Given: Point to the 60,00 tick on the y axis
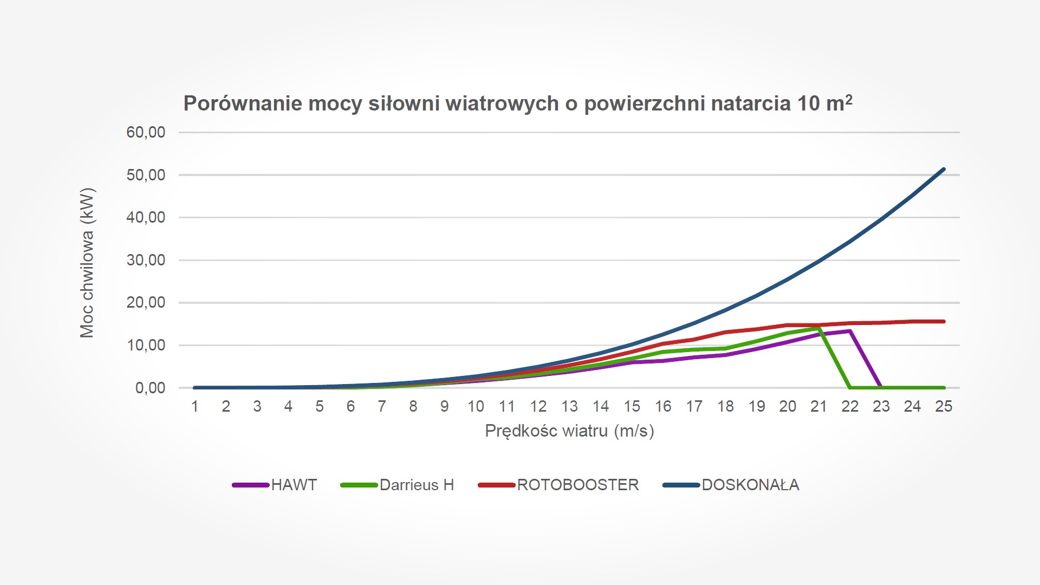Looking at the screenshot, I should [146, 132].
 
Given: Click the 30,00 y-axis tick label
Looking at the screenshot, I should [146, 260].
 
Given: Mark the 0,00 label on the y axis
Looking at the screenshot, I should [150, 388].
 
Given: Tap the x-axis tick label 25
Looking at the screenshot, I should [944, 407].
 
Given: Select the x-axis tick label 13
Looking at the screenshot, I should [569, 407].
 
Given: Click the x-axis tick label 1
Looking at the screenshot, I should [195, 407].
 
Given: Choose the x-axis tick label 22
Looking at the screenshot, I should [850, 407].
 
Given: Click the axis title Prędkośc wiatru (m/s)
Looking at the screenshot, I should [569, 431].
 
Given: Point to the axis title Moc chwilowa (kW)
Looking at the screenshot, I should [87, 263].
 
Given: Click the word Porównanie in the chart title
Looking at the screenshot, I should [243, 103].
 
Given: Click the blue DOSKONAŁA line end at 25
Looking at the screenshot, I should [944, 170].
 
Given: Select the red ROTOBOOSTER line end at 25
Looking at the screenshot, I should [944, 322].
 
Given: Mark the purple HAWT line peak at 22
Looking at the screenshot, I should [850, 331].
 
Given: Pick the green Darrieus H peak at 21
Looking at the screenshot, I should [818, 328].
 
